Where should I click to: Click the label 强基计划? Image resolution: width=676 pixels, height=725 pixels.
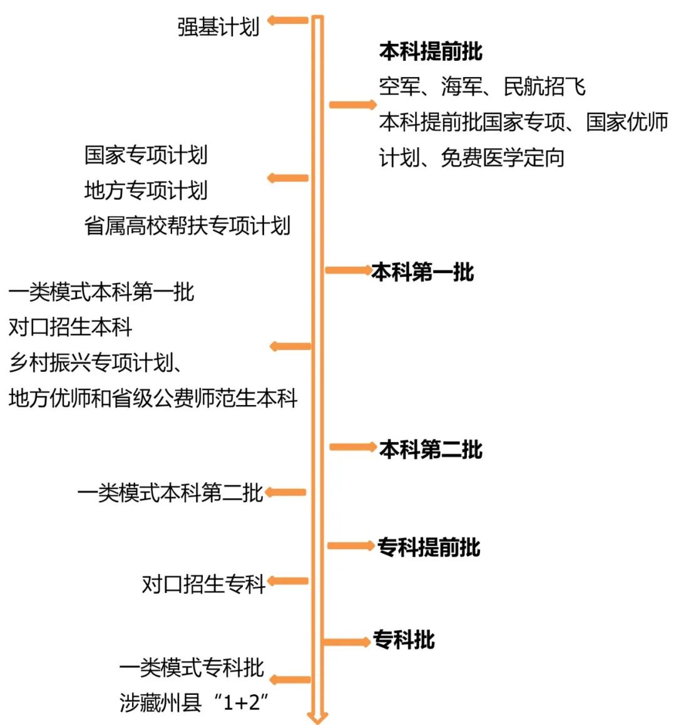point(218,27)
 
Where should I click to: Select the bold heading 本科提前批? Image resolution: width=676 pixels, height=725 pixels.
point(430,51)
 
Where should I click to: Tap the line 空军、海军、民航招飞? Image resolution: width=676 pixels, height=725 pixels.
point(482,86)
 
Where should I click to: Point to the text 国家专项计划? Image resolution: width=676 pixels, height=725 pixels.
point(146,155)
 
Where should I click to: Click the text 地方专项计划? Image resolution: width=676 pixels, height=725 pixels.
point(146,190)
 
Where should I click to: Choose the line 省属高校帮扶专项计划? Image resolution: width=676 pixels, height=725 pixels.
point(187,225)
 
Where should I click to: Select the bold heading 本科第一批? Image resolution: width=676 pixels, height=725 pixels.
point(422,272)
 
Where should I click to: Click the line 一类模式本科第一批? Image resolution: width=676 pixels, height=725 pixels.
point(101,291)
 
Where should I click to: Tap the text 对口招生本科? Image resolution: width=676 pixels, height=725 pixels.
point(71,327)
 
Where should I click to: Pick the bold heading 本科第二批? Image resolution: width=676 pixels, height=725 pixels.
point(431,449)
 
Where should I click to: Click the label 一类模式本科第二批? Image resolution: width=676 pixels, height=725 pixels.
point(170,493)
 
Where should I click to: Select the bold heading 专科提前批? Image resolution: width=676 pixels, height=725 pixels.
point(429,547)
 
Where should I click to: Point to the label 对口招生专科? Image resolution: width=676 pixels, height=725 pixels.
point(203,584)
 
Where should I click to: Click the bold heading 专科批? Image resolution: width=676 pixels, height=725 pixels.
point(404,640)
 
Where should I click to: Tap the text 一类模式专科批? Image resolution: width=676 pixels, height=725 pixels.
point(192,667)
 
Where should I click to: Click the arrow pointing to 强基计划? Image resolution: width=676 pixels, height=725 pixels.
point(287,21)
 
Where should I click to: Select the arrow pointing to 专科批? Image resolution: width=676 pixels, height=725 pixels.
point(347,641)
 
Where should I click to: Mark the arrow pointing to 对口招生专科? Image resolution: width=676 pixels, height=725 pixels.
point(287,581)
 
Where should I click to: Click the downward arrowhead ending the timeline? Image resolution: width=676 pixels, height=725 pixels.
point(317,716)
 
